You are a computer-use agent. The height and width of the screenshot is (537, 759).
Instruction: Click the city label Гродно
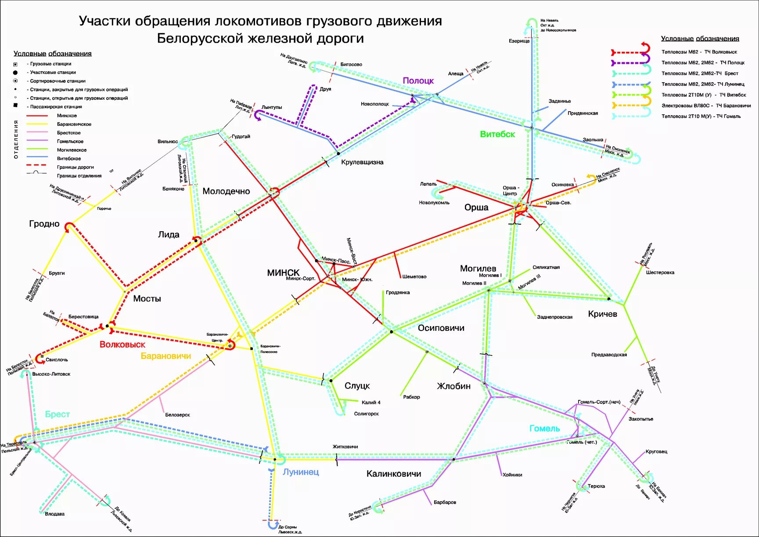tap(44, 224)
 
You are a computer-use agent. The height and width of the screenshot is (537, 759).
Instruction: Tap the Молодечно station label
tap(226, 191)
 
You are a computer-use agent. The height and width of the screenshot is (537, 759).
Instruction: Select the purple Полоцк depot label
tap(418, 80)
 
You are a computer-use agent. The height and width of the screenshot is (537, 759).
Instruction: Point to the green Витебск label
tap(497, 134)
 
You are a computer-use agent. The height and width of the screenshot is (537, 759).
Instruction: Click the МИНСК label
tap(283, 272)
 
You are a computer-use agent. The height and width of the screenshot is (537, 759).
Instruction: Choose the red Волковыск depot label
tap(122, 345)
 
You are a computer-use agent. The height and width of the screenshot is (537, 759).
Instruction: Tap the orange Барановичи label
tap(165, 356)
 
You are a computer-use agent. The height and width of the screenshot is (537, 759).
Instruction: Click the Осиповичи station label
tap(441, 328)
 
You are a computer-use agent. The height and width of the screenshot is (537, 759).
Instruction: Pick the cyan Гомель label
tap(544, 428)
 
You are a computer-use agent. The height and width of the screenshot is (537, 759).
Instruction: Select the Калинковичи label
tap(393, 474)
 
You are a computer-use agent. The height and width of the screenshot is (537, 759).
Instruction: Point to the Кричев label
tap(602, 314)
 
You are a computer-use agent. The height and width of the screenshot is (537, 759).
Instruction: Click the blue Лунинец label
tap(300, 472)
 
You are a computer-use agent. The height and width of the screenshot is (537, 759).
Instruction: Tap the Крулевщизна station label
tap(362, 162)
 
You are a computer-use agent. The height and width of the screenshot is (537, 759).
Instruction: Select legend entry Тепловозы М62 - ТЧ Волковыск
tap(699, 52)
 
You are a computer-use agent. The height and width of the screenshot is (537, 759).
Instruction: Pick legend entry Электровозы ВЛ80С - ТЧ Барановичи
tap(706, 105)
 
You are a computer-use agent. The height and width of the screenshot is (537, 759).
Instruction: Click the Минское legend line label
tap(67, 116)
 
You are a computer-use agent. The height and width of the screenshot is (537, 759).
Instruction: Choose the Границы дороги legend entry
tap(75, 167)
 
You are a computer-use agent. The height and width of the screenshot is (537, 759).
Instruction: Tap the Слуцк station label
tap(357, 386)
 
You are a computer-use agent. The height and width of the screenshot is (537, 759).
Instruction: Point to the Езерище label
tap(519, 41)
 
